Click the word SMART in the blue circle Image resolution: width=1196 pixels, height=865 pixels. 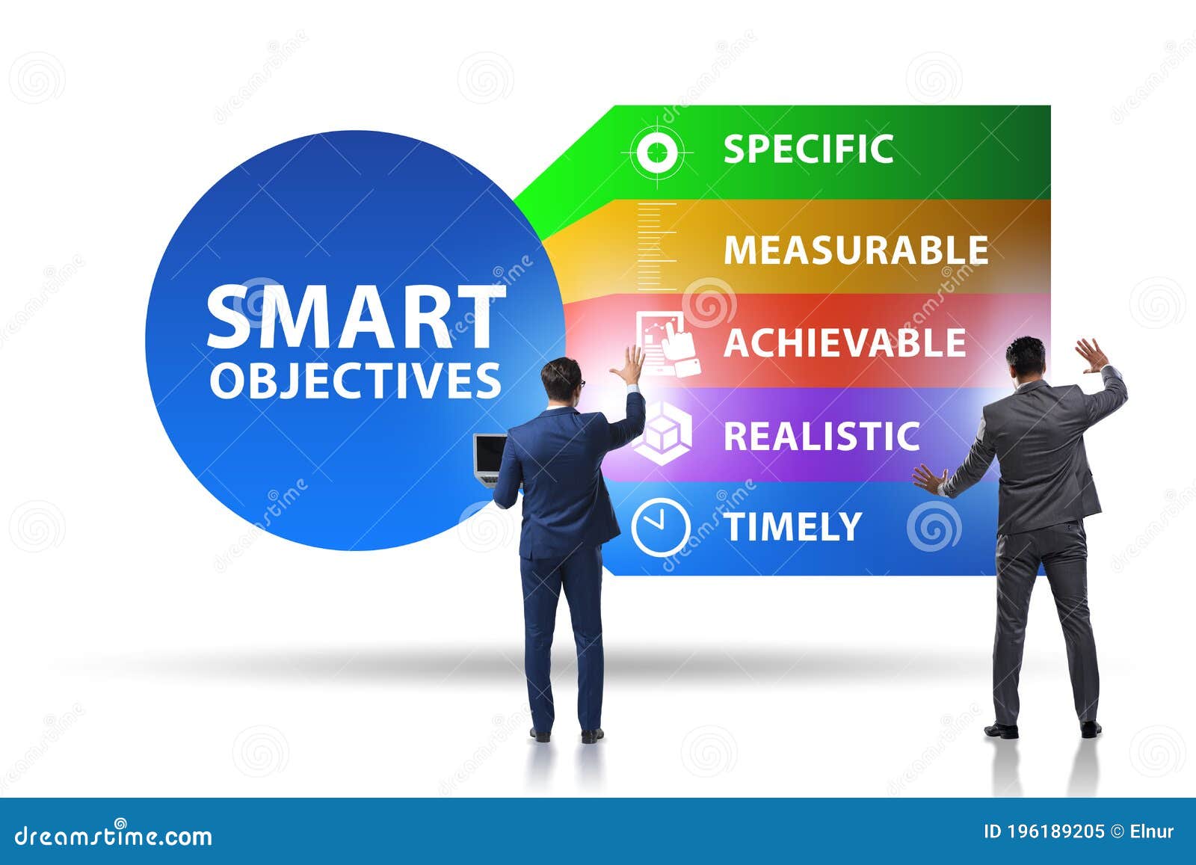(354, 317)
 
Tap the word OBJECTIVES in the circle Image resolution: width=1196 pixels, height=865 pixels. (355, 381)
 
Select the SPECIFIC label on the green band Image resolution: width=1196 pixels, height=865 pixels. (808, 149)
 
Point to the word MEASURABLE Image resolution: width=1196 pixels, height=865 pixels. (856, 250)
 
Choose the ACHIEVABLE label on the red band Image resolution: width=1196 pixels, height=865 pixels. (845, 343)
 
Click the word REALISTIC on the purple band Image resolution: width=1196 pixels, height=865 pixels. (821, 436)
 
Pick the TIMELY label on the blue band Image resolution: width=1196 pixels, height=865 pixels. (793, 526)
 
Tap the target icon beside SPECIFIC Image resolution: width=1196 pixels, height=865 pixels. (657, 153)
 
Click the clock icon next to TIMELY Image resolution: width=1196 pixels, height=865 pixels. (659, 527)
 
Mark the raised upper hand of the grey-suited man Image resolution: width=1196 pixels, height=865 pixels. (1092, 355)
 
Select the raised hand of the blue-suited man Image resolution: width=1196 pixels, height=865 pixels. (628, 365)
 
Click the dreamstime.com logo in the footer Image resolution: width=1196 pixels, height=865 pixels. (114, 835)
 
